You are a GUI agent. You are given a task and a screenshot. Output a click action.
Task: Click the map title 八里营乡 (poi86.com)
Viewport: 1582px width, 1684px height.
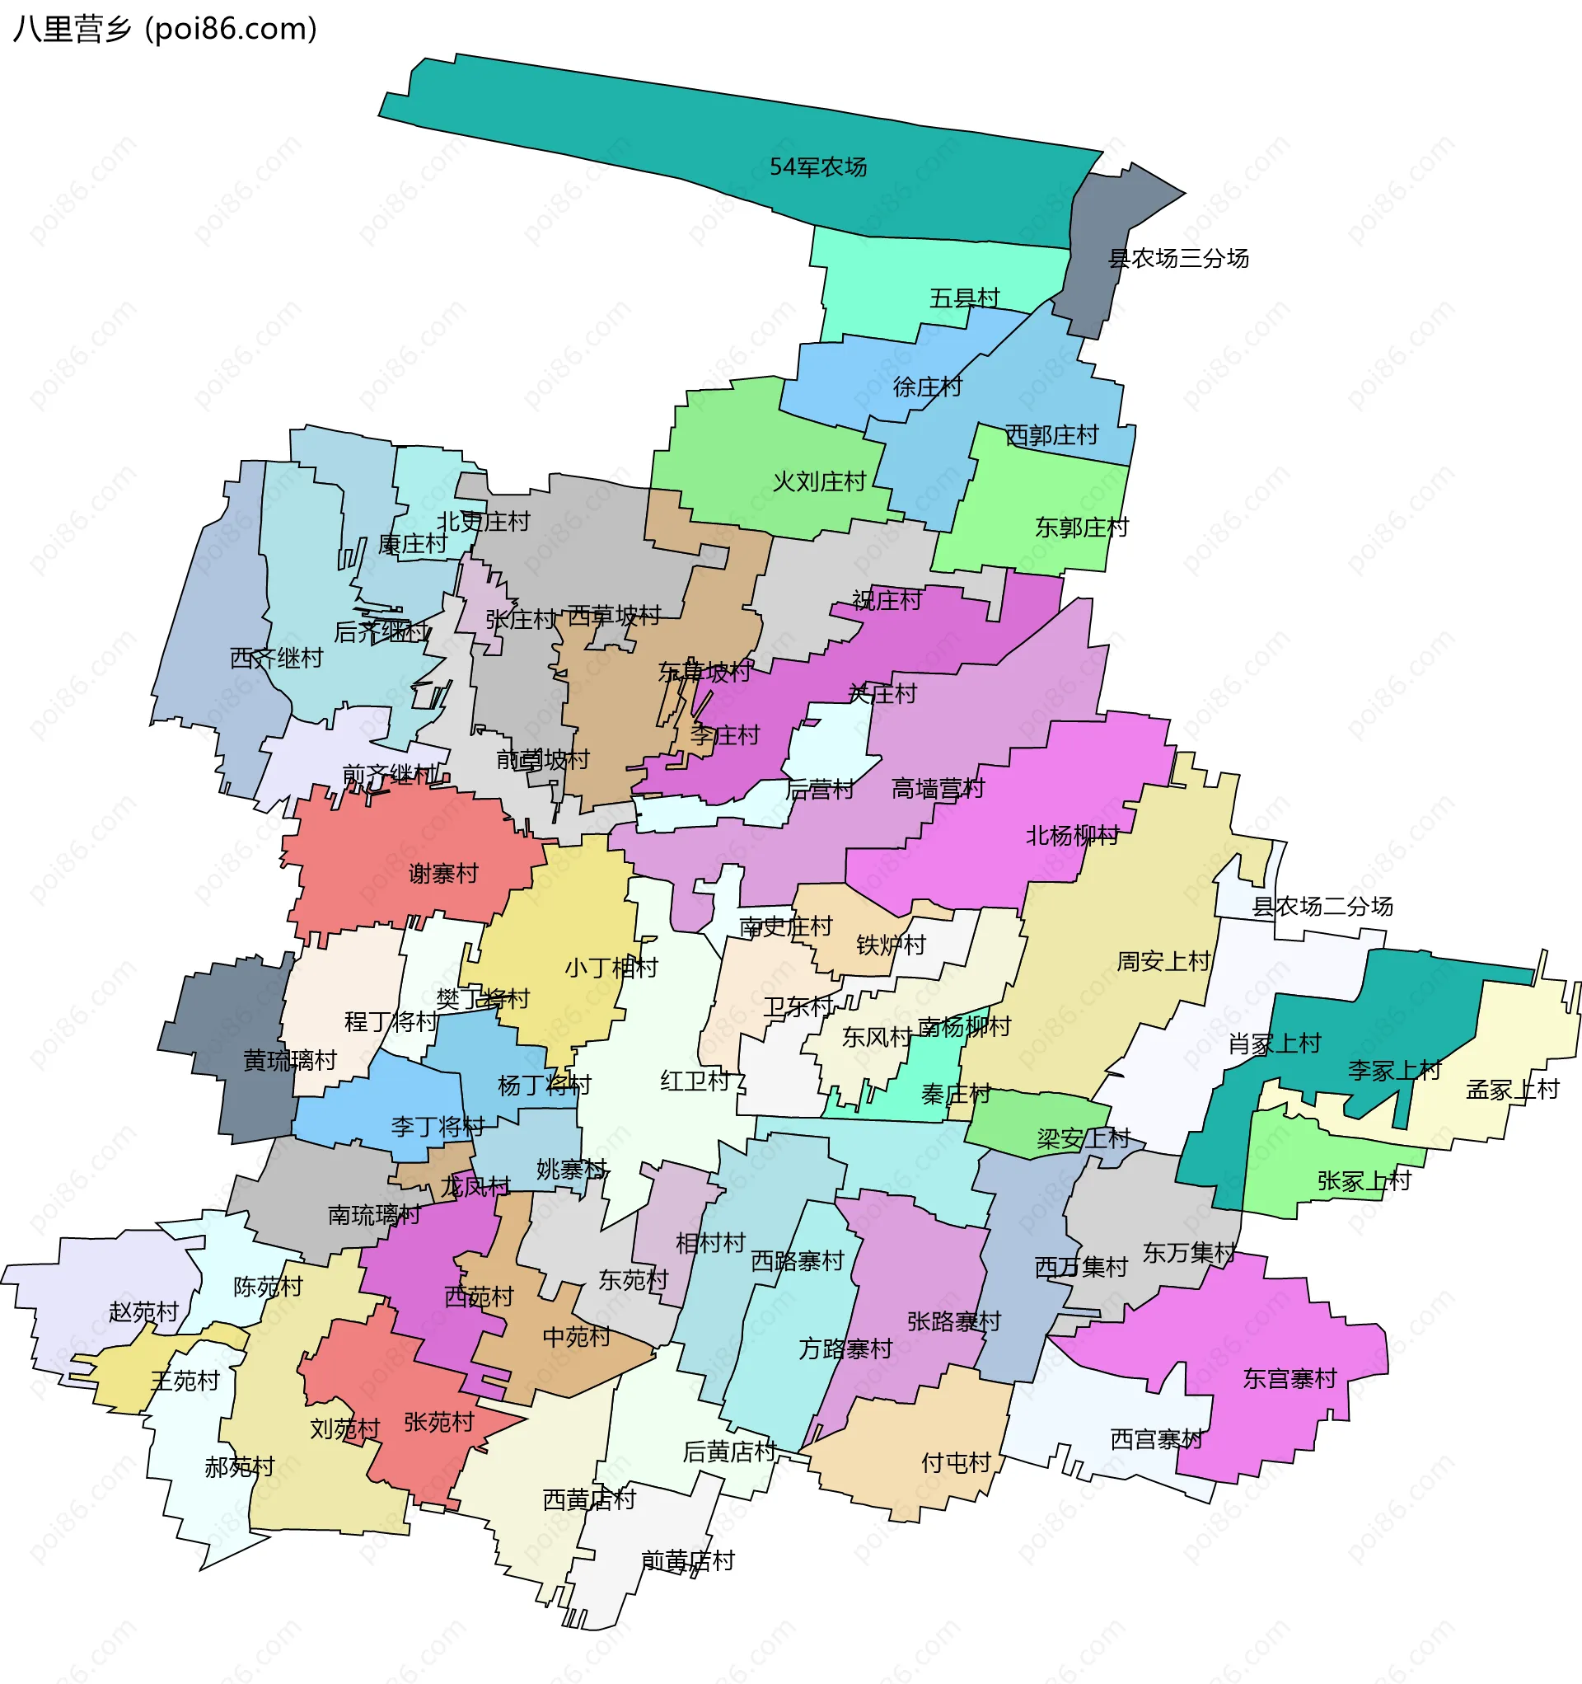click(165, 30)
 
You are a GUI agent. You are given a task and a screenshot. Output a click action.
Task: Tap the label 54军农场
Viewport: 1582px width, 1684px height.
click(818, 167)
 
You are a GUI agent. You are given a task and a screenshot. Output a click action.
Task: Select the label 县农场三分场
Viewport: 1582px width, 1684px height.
click(1179, 258)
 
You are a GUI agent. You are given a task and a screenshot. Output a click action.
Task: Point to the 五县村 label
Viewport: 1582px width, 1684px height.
click(965, 298)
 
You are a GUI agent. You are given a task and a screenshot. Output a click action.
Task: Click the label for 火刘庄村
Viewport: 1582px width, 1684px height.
click(819, 482)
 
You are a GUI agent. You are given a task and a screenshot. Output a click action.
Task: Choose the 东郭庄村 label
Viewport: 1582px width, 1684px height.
click(1082, 528)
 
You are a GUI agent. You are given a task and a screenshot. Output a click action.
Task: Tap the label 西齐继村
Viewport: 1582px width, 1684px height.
click(276, 658)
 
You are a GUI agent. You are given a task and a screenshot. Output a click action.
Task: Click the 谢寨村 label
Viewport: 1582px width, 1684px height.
click(444, 874)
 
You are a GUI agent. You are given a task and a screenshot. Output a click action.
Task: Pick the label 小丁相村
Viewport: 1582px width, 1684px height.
click(611, 968)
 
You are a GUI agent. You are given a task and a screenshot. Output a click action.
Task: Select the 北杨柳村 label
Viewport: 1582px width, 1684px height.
click(1072, 836)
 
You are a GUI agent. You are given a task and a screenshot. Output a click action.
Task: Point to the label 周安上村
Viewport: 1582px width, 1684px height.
click(1163, 961)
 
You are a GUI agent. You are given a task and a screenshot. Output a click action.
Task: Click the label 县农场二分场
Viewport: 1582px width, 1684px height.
click(1322, 907)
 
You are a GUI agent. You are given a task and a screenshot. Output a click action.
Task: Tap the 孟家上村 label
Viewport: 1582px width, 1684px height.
click(1513, 1091)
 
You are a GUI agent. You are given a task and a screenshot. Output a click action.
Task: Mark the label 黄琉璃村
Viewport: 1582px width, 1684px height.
click(290, 1061)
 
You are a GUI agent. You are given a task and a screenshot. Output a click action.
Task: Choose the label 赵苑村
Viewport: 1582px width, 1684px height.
click(144, 1312)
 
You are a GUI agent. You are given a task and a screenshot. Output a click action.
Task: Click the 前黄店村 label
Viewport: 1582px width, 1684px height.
click(688, 1560)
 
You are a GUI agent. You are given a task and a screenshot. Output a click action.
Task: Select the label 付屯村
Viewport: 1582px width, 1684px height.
click(956, 1463)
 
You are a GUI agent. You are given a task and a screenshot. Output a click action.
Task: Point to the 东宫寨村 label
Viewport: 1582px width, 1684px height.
click(1289, 1379)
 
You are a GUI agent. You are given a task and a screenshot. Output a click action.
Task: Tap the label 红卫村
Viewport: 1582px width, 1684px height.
click(695, 1081)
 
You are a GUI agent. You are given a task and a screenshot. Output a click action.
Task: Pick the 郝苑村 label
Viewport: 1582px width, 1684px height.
click(240, 1467)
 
